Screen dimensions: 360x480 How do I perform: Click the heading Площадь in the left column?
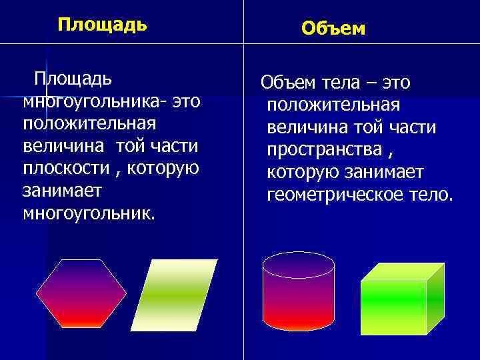point(102,25)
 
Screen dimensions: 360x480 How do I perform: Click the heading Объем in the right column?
point(333,28)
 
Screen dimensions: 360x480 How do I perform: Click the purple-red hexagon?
point(81,293)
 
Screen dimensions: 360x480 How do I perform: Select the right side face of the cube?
point(435,297)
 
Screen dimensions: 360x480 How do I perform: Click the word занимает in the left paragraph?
point(62,191)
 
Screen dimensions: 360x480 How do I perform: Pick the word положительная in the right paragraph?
point(333,105)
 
